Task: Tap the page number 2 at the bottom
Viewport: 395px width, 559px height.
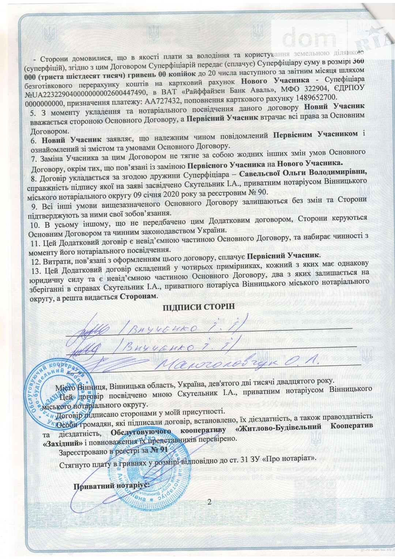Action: pyautogui.click(x=209, y=502)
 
